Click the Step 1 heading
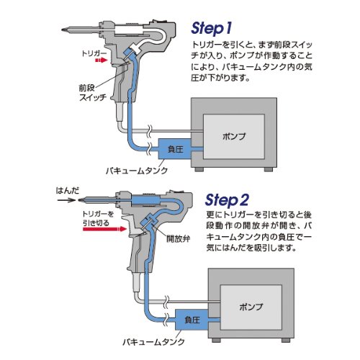(211, 29)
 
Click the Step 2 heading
(227, 200)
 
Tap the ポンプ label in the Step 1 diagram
(234, 137)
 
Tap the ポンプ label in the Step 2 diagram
(251, 307)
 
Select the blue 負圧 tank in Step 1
(175, 149)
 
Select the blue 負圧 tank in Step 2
(192, 320)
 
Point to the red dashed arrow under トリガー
(101, 60)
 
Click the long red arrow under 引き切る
(104, 229)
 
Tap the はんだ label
(68, 191)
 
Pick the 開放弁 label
(179, 239)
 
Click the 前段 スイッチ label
(93, 93)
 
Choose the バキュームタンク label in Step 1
(137, 171)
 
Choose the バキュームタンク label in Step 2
(153, 342)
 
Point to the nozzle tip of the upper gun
(63, 30)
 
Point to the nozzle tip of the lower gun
(79, 199)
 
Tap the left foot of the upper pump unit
(199, 169)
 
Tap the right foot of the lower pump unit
(286, 340)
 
